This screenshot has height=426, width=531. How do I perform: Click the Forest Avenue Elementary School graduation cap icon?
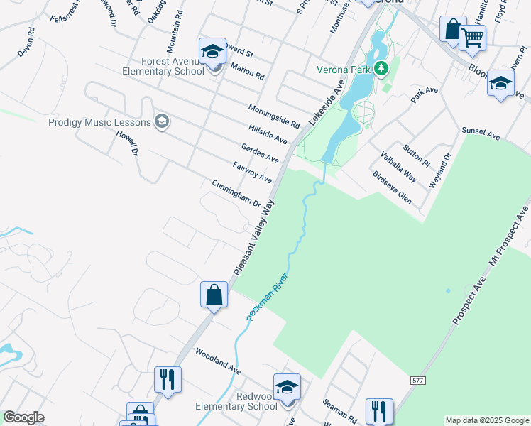tap(212, 52)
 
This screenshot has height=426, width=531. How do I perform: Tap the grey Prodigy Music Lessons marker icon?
tap(162, 121)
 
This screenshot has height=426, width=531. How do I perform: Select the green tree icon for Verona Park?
tap(382, 69)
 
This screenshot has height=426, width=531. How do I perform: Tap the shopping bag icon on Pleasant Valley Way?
tap(214, 294)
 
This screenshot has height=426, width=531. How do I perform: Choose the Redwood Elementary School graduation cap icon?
tap(288, 388)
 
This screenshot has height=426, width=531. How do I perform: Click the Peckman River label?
tap(266, 296)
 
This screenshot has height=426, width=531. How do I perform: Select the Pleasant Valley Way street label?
tap(254, 239)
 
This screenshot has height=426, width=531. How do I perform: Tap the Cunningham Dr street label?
tap(237, 194)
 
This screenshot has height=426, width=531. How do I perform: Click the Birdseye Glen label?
tap(392, 187)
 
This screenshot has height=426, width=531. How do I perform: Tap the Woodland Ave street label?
tap(219, 361)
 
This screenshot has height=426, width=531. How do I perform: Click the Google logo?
tap(23, 417)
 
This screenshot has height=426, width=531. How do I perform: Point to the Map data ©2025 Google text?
tap(486, 420)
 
